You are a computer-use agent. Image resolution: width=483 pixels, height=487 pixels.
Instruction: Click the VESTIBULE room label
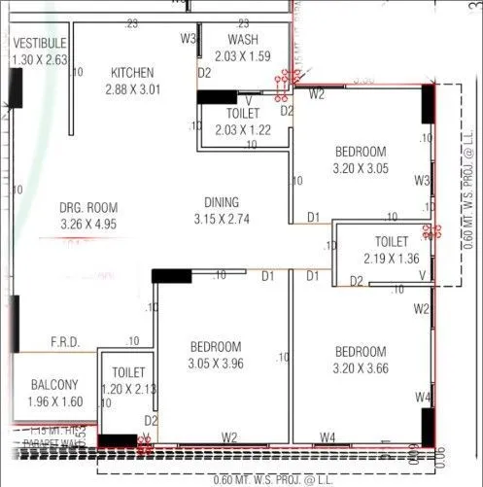click(x=40, y=44)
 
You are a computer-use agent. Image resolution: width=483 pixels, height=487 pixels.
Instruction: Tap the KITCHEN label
click(x=134, y=73)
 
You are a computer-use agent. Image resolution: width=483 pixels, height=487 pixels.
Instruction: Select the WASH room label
click(x=242, y=39)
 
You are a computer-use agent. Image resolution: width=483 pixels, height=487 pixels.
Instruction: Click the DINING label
click(x=223, y=202)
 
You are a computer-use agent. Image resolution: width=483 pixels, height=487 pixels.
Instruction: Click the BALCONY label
click(x=54, y=384)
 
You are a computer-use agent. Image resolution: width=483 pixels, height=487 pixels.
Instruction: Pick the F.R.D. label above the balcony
click(x=66, y=342)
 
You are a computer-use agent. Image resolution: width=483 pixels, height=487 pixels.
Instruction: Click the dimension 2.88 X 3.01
click(x=134, y=89)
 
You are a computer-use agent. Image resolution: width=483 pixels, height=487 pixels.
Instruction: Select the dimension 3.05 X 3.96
click(x=216, y=364)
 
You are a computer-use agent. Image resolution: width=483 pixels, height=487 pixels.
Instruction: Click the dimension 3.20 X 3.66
click(x=361, y=368)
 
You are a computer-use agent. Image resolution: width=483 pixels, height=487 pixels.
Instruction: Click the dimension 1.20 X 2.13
click(x=129, y=389)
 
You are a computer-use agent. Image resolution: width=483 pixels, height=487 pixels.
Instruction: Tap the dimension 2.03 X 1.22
click(x=242, y=128)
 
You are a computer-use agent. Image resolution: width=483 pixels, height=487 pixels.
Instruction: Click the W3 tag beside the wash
click(x=189, y=39)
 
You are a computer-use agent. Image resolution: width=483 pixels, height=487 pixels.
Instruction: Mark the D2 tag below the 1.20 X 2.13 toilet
click(x=150, y=420)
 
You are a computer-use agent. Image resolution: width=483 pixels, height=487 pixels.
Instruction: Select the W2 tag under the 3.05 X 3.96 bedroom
click(x=229, y=437)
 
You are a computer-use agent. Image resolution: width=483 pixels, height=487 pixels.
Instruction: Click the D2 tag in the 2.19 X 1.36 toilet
click(x=357, y=281)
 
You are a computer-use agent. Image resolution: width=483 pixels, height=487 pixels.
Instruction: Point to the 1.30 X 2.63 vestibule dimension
click(x=40, y=59)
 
